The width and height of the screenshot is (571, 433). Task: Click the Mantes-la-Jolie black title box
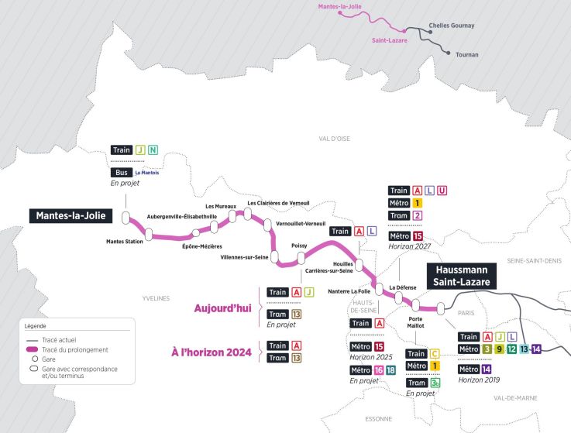coord(69,216)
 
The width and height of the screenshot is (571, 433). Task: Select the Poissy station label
coord(299,245)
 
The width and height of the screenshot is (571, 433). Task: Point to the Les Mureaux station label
coord(221,207)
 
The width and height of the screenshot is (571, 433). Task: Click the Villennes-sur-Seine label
coord(244,256)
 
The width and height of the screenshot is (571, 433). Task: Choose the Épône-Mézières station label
coord(201,246)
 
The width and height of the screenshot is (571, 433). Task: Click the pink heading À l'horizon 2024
coord(212,352)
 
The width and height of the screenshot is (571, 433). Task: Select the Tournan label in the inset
coord(467,55)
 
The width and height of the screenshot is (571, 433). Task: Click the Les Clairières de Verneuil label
coord(278,203)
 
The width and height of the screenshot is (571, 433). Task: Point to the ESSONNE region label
coord(379,419)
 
